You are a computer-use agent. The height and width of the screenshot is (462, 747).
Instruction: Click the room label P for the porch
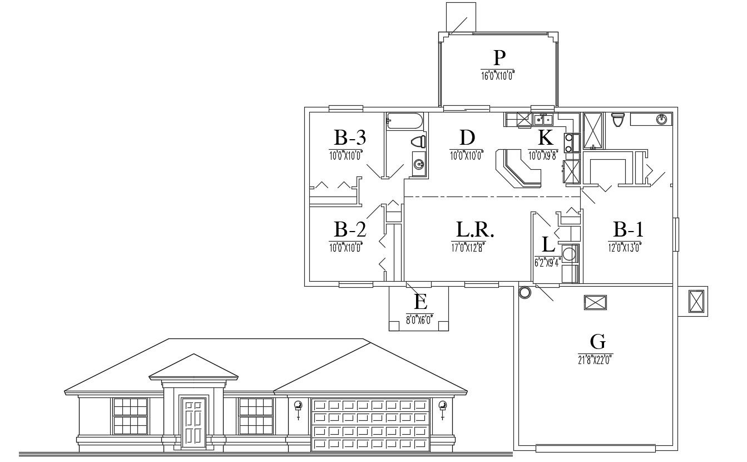click(499, 57)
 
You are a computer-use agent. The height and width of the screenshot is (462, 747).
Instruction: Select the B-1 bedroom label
click(628, 229)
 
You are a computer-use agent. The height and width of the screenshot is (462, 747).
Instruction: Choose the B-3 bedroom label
click(349, 137)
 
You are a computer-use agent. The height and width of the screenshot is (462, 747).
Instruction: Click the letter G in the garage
click(598, 341)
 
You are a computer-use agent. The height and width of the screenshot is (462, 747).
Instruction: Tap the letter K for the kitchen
click(545, 137)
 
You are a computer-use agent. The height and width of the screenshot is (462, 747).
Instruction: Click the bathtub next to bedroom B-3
click(405, 120)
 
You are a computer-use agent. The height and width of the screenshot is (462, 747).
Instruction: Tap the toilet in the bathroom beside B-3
click(419, 141)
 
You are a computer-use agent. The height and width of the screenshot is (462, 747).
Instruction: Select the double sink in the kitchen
click(542, 119)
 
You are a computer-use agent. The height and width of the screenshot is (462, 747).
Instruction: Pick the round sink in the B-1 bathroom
click(661, 119)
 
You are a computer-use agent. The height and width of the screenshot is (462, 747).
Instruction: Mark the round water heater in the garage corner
click(524, 292)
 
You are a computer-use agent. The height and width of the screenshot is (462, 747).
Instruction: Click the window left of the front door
click(130, 416)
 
